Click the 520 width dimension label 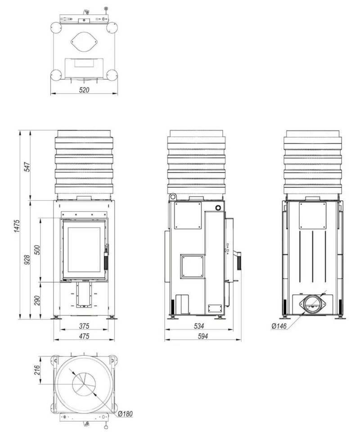coord(84,90)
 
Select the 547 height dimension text coord(27,166)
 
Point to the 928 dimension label coord(27,260)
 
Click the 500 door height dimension coord(37,250)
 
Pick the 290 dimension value coord(37,300)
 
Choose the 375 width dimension coord(84,326)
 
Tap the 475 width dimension coord(84,336)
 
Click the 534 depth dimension coord(199,326)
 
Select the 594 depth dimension coord(202,336)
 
